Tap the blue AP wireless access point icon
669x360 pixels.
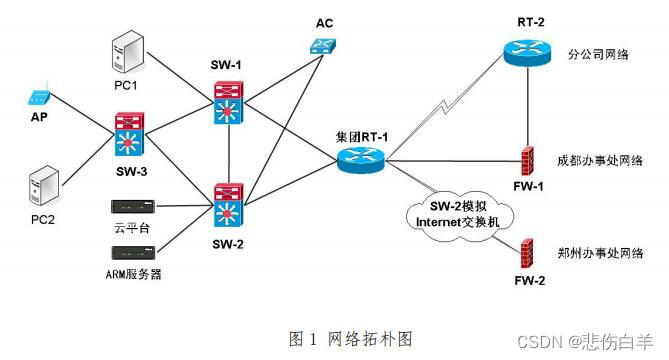point(37,99)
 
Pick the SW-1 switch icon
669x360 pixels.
point(228,100)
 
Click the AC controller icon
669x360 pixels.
point(323,45)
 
